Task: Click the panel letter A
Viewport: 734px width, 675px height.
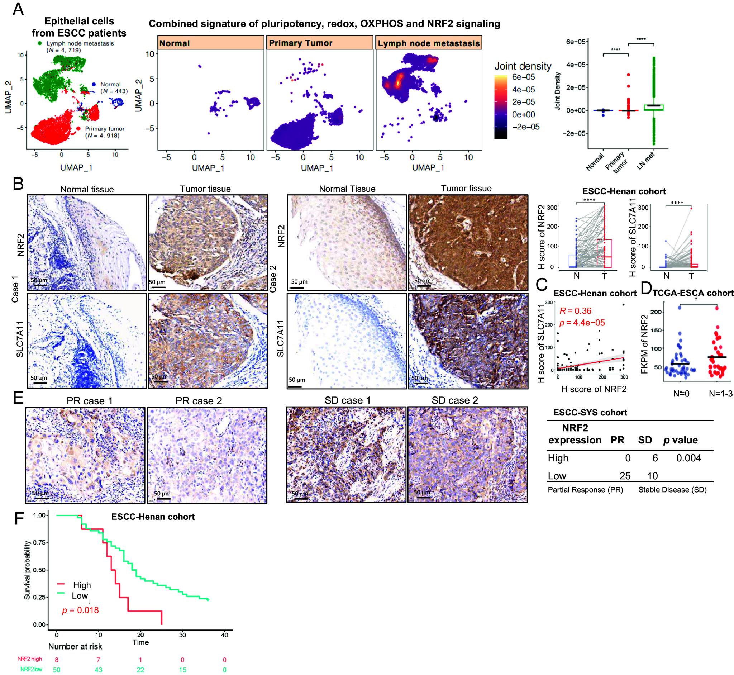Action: [x=18, y=9]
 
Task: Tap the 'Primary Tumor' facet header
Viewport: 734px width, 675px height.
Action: [x=301, y=43]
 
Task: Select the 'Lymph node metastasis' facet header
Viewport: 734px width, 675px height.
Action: [x=428, y=43]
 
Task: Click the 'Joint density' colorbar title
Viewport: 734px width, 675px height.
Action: [x=523, y=66]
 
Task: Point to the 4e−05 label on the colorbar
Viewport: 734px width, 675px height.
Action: [x=523, y=90]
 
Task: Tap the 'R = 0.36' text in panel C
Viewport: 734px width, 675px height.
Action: [x=576, y=311]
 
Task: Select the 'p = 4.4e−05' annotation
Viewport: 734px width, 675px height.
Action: [x=582, y=323]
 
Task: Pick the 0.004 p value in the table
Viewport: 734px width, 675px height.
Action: [x=688, y=458]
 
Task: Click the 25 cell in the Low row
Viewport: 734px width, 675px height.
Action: [x=625, y=476]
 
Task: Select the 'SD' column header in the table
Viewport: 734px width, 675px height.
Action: [x=645, y=440]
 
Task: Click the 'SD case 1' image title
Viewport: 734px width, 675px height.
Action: [x=347, y=401]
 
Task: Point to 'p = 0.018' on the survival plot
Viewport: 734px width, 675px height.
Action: [x=80, y=610]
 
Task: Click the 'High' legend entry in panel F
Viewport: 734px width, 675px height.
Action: [x=81, y=585]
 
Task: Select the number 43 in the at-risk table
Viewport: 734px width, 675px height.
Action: [x=98, y=670]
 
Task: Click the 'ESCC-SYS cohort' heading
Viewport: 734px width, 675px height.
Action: [x=590, y=412]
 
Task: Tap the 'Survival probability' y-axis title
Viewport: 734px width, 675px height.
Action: [x=27, y=570]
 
